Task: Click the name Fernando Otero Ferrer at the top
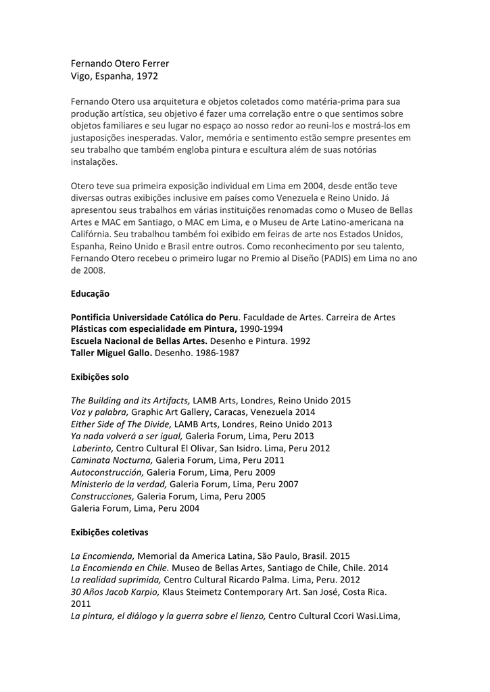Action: coord(120,64)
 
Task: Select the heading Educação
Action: coord(90,294)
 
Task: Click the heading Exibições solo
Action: coord(99,376)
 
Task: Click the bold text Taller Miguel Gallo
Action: coord(112,353)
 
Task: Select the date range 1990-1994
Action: coord(248,329)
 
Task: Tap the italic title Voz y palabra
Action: coord(99,412)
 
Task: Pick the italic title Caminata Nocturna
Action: coord(112,460)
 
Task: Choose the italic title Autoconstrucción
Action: coord(107,472)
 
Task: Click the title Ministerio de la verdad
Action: coord(119,484)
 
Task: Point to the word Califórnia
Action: coord(91,234)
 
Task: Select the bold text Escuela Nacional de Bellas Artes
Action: coord(139,341)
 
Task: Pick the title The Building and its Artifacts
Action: coord(131,400)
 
